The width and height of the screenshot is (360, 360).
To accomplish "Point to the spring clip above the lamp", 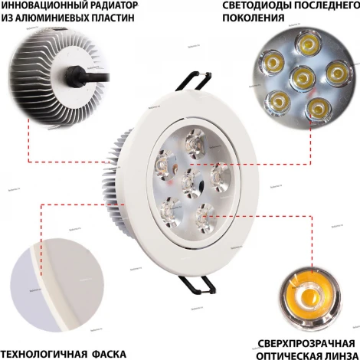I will [x=195, y=80].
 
